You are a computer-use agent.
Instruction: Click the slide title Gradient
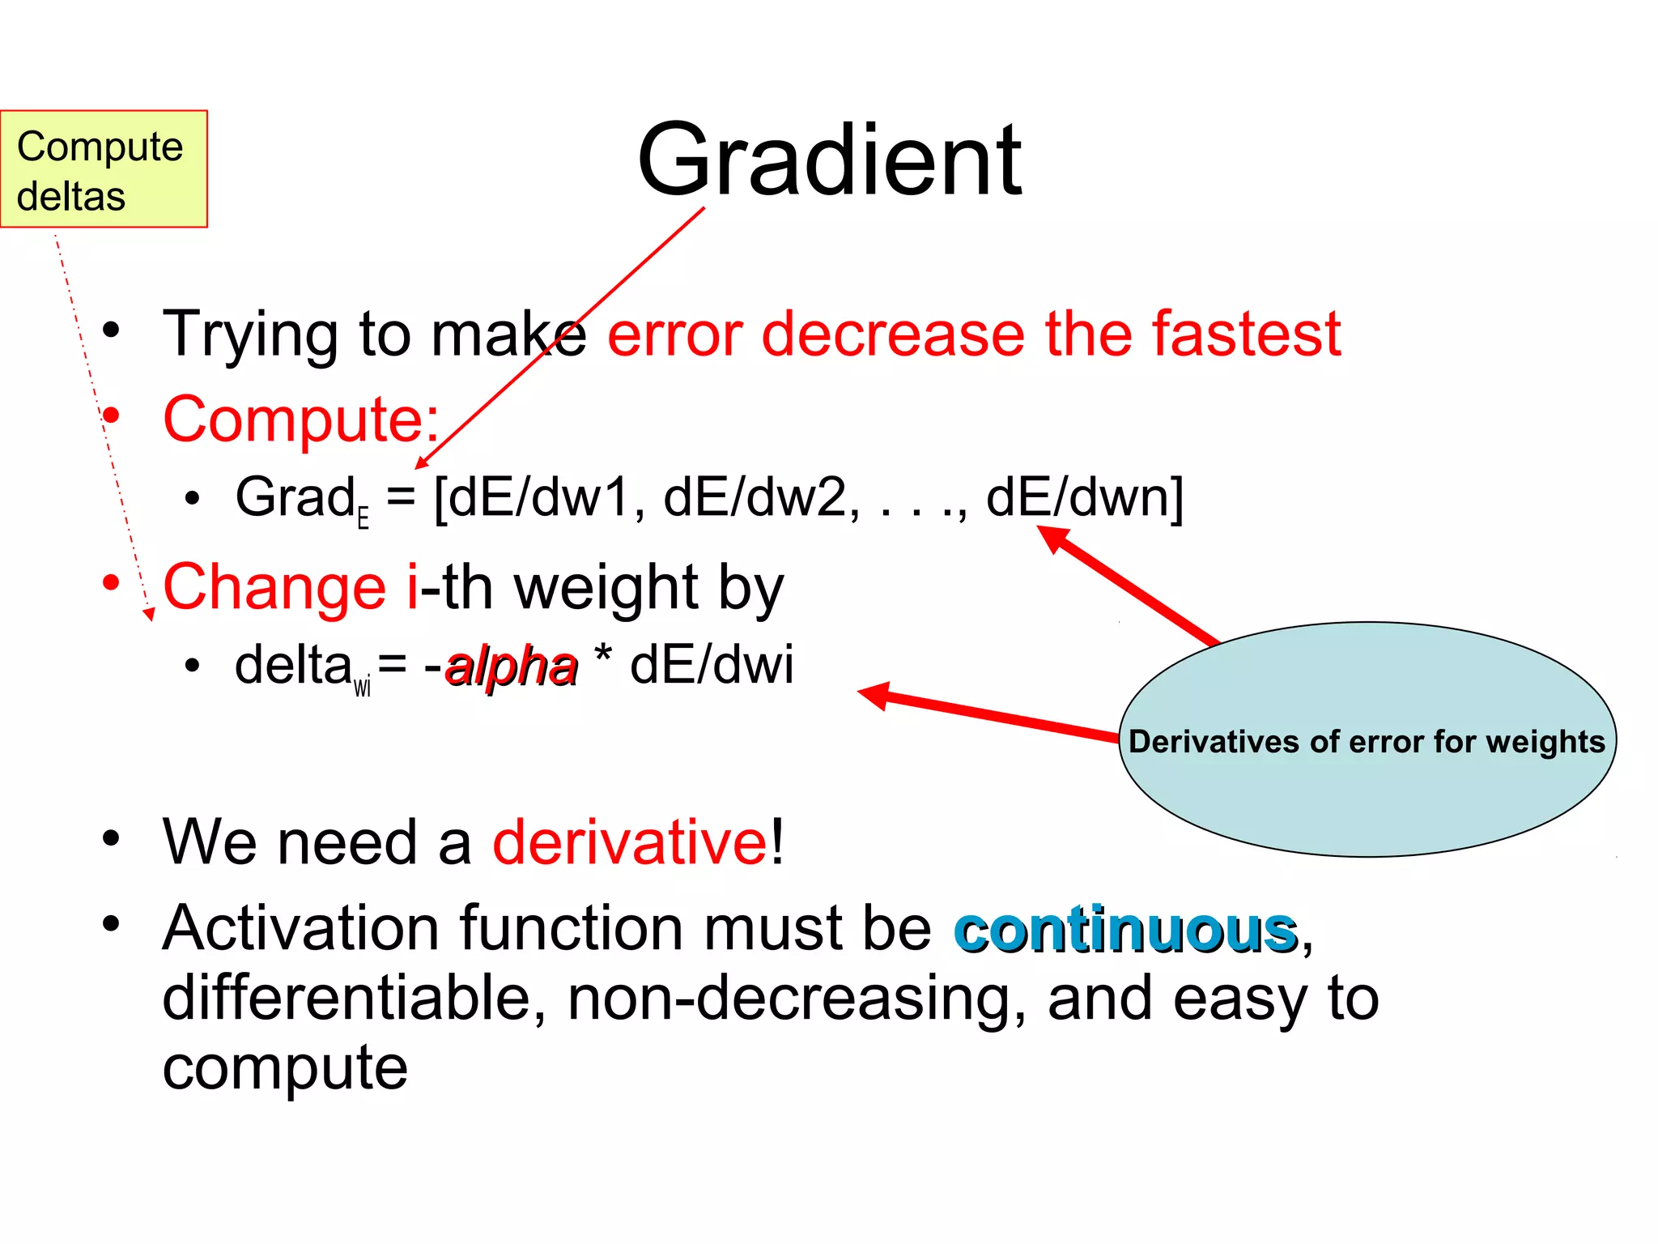829,160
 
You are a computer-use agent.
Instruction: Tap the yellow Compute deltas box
104,169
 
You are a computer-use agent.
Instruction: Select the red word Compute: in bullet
301,420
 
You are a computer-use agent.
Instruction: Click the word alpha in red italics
512,666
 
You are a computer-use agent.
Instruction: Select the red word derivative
630,842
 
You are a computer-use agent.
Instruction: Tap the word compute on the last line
285,1067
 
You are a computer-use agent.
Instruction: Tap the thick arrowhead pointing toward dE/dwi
874,695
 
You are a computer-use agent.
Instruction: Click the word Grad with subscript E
295,497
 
